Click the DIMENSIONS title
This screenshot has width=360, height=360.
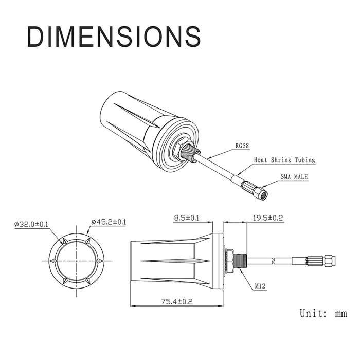click(x=114, y=37)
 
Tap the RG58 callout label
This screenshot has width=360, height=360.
click(x=242, y=146)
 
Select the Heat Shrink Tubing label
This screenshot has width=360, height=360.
click(x=284, y=160)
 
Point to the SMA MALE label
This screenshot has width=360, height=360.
click(x=294, y=176)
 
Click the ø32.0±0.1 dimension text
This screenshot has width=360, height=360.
click(x=31, y=224)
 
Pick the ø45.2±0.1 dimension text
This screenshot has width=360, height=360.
click(x=109, y=222)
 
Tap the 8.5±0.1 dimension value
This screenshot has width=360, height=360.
click(x=186, y=218)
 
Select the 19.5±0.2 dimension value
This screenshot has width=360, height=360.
click(x=268, y=218)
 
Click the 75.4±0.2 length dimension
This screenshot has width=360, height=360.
click(x=177, y=301)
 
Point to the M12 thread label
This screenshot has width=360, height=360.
click(x=260, y=286)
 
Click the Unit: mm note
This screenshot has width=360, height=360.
click(x=323, y=313)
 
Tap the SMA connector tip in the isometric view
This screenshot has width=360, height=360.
click(x=263, y=195)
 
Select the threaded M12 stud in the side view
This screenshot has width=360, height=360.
click(x=240, y=261)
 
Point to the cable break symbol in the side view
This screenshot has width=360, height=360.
click(x=273, y=261)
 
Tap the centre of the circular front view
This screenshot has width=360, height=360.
click(x=77, y=261)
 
